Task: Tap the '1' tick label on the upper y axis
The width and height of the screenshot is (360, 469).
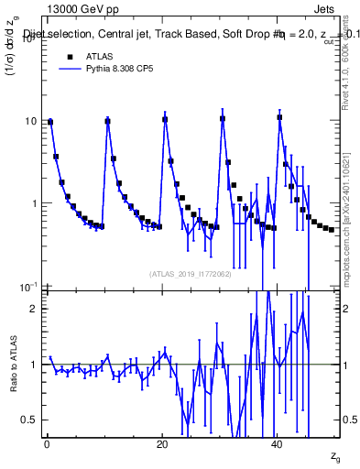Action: point(33,203)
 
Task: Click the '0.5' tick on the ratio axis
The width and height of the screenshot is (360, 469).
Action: point(29,420)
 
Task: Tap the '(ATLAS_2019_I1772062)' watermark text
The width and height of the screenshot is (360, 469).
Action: point(189,274)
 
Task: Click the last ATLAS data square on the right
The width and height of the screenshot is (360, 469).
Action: point(332,229)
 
